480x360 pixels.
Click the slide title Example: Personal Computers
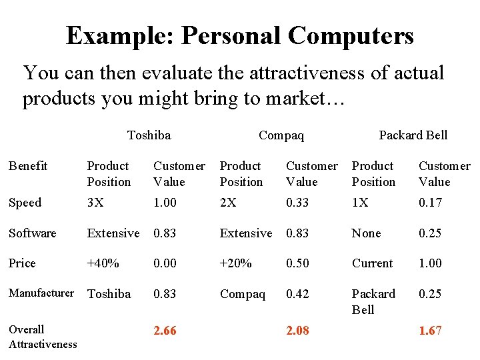point(240,35)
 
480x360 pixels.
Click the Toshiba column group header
point(149,135)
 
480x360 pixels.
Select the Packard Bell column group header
point(413,135)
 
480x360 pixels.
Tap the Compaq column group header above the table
point(281,135)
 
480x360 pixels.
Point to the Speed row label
point(25,203)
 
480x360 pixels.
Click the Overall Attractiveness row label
point(43,337)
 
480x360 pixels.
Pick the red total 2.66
point(165,331)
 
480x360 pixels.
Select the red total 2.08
point(297,331)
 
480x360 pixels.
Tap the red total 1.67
point(430,331)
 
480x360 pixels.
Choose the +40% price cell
point(103,263)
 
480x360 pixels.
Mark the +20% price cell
point(236,263)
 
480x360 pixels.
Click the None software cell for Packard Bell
point(367,233)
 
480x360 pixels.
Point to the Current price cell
point(373,263)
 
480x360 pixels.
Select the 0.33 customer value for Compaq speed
point(297,203)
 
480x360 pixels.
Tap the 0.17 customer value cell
point(430,203)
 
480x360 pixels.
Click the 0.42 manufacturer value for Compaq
point(297,294)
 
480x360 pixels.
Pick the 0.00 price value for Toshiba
point(165,263)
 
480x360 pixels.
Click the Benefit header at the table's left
point(28,166)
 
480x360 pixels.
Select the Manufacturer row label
point(41,293)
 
